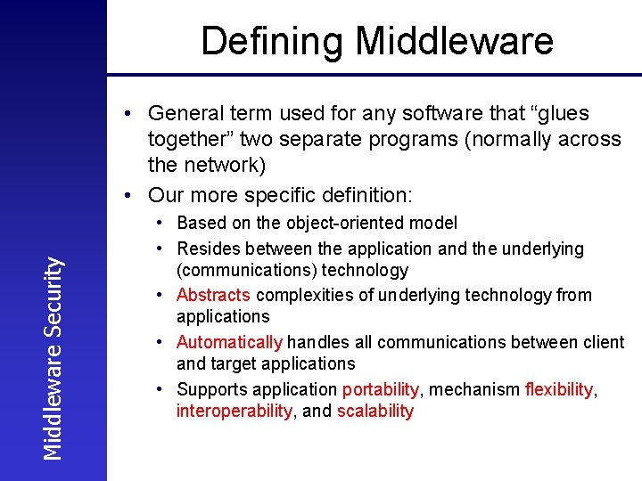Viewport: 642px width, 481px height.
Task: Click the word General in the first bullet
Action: click(186, 114)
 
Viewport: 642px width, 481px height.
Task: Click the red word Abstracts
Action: click(213, 295)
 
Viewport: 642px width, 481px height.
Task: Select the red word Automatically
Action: click(229, 342)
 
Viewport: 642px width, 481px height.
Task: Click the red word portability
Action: click(380, 389)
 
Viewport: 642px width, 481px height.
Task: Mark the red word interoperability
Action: click(234, 411)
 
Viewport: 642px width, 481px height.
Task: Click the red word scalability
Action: click(375, 411)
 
